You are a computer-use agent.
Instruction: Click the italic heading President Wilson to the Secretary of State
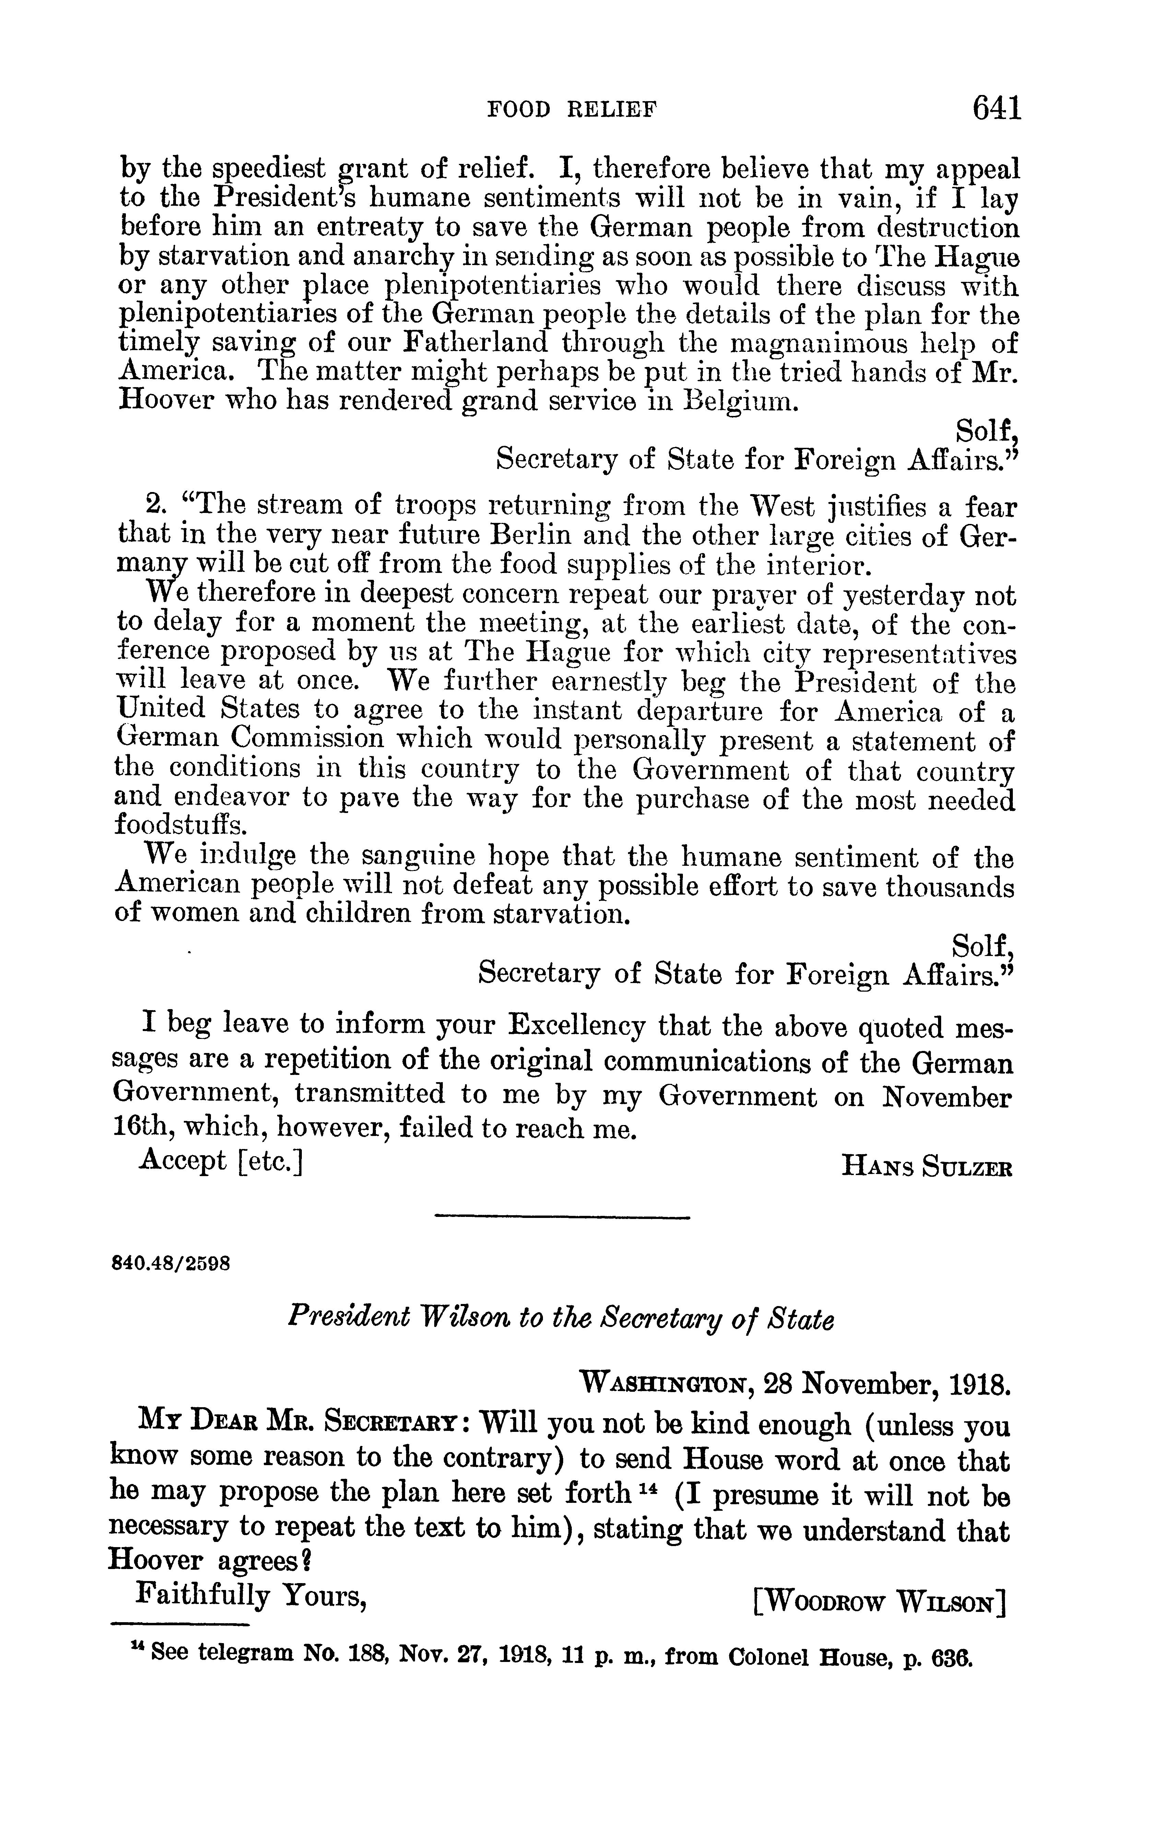click(x=561, y=1341)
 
